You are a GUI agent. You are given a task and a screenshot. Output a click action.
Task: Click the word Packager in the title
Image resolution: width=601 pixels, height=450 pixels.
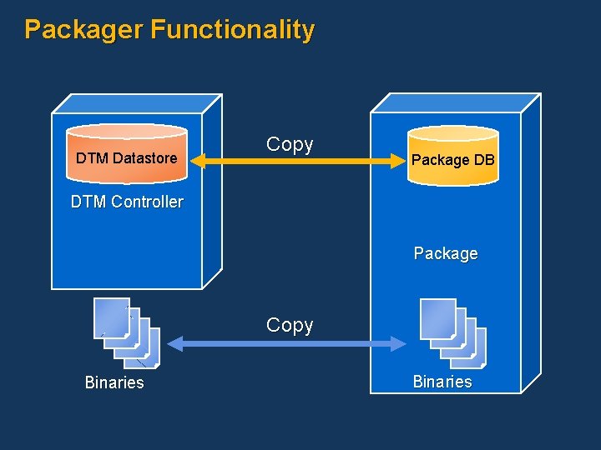tap(84, 30)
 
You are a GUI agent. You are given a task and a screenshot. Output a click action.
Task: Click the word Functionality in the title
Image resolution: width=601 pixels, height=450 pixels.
tap(232, 30)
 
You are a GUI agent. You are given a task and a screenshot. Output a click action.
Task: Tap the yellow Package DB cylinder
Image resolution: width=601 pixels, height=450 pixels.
tap(452, 155)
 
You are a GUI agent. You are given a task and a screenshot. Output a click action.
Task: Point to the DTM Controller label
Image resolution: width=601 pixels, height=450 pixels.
tap(127, 202)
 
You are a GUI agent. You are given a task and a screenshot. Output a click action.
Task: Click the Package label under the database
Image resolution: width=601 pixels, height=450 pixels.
tap(446, 253)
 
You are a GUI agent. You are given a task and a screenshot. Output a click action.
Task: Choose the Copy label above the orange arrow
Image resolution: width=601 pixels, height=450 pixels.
tap(290, 144)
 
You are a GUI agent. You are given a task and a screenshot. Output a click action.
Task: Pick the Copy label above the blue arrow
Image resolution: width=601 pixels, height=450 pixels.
tap(290, 325)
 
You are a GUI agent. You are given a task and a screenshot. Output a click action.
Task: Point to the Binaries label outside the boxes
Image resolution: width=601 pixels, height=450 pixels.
tap(114, 382)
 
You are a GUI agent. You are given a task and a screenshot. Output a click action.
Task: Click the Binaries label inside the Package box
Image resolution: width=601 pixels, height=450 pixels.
tap(442, 382)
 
